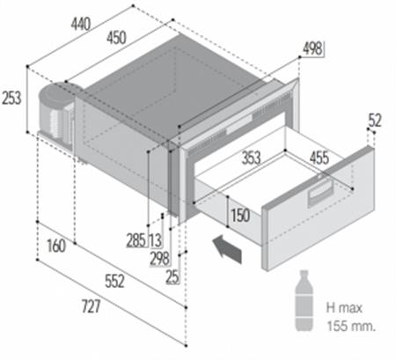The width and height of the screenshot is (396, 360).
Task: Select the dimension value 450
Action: click(114, 37)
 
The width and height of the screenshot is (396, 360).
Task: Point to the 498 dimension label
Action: click(312, 48)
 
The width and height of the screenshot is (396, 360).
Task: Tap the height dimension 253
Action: click(11, 99)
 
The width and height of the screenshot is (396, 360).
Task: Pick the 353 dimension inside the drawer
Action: click(252, 159)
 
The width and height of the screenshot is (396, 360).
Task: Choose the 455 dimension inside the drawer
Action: click(319, 159)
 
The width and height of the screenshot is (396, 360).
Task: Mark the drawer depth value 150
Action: click(239, 215)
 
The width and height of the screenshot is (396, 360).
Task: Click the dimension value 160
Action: click(55, 247)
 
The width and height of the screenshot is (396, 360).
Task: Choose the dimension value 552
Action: click(111, 282)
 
